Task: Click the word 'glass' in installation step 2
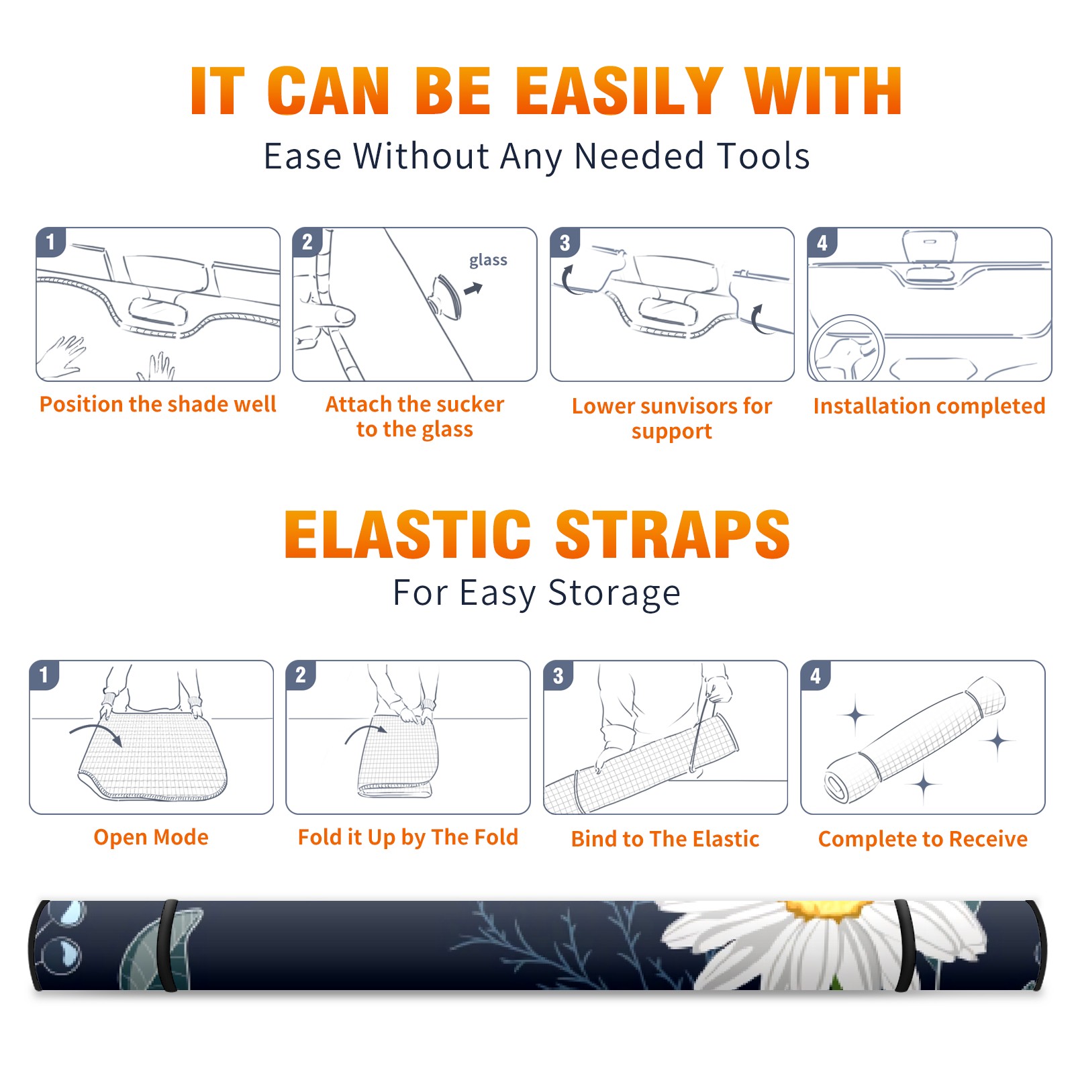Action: pos(488,260)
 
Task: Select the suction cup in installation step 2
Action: pos(447,297)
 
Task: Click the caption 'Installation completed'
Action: pos(929,405)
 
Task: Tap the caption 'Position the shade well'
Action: pos(158,404)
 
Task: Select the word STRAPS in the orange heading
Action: pos(673,534)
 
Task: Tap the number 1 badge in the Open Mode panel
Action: pos(44,675)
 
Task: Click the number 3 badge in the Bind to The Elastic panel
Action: pos(558,675)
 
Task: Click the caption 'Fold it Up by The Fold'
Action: pos(408,837)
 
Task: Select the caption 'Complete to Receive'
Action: pos(923,839)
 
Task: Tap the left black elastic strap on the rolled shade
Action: pos(169,946)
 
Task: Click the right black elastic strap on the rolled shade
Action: pos(905,946)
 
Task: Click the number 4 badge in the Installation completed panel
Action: pos(822,242)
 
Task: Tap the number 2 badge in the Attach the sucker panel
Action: pos(307,242)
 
